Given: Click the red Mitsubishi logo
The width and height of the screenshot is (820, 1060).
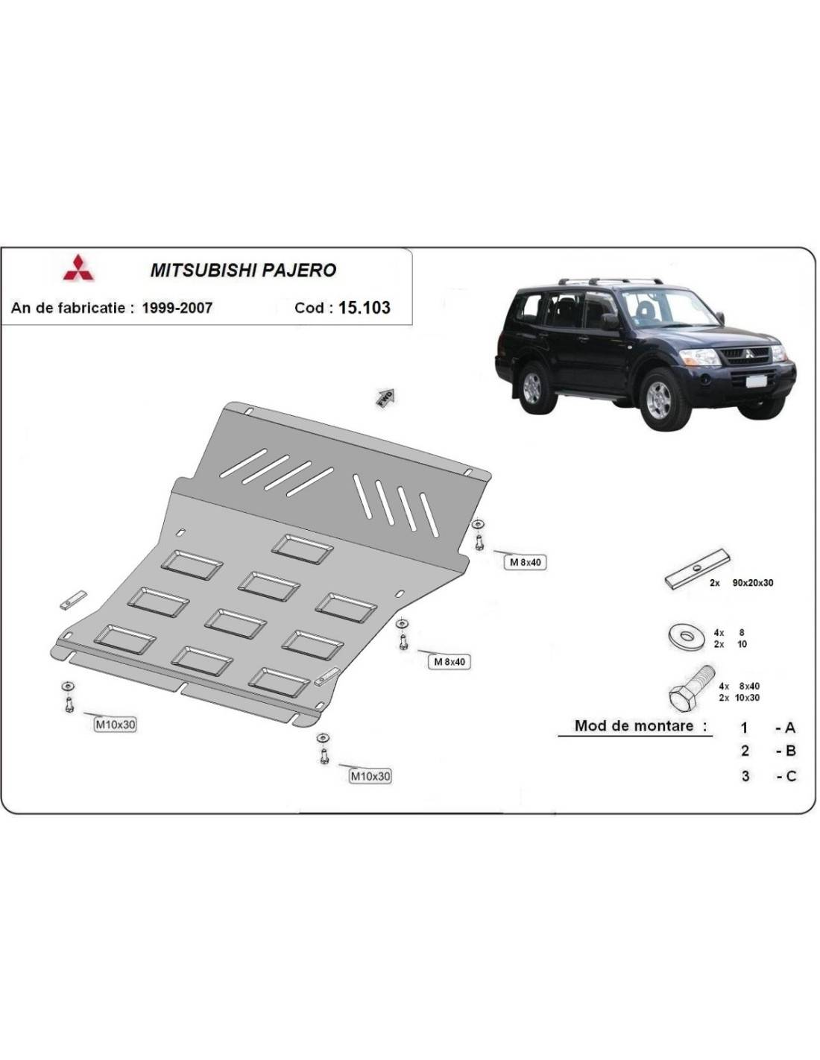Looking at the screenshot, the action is (x=78, y=268).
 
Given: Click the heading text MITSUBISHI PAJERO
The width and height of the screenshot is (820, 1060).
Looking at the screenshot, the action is (x=243, y=271).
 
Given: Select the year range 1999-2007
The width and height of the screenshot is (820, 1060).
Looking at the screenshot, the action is (x=177, y=308).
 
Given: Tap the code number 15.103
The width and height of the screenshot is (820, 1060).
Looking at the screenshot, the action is (x=365, y=307).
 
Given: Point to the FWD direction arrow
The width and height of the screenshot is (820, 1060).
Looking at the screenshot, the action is (x=385, y=398).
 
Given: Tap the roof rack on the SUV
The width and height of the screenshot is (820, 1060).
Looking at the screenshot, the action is (x=610, y=282).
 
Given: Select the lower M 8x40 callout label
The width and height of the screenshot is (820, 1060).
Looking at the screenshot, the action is (x=450, y=662).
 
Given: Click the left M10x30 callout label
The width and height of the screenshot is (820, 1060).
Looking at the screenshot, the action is (x=115, y=725).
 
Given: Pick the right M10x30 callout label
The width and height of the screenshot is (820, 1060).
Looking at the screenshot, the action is (x=370, y=775).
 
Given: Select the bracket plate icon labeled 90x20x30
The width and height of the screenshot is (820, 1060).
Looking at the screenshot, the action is (x=698, y=570).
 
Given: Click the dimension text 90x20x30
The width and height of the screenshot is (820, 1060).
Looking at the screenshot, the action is (x=753, y=583).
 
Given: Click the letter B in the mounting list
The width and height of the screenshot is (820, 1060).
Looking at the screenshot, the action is (x=790, y=751).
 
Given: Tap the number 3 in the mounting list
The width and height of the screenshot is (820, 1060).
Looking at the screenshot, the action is (x=745, y=775).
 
